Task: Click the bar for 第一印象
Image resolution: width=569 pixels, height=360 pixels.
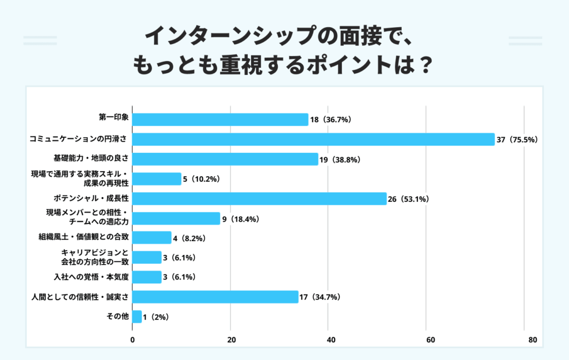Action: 220,119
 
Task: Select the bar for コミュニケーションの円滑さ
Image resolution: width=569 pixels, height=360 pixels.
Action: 313,139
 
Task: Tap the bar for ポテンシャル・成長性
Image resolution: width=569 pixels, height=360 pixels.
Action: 259,198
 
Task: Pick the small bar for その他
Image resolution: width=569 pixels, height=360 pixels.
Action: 137,317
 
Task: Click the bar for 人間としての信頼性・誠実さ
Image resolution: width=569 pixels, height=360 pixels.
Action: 216,297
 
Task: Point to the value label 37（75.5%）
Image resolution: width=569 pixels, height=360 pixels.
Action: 517,140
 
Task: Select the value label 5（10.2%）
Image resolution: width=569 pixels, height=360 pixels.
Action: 202,179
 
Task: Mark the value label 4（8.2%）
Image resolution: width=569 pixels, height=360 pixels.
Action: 190,238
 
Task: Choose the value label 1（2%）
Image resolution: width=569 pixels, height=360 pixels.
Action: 156,317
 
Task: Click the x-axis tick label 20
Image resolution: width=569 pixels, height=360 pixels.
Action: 231,340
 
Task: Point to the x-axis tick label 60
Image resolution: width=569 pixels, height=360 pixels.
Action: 429,340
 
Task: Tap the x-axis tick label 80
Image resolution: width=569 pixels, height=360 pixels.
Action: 532,340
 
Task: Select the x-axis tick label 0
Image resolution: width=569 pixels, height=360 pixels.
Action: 133,340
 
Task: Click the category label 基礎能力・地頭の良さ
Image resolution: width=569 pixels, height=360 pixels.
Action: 91,159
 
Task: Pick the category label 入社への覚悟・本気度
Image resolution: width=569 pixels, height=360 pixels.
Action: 91,277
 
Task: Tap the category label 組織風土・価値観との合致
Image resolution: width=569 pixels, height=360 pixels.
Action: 83,238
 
